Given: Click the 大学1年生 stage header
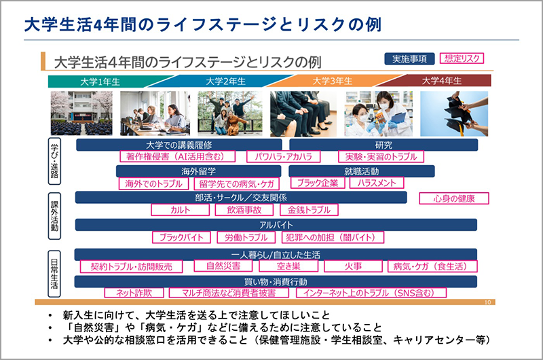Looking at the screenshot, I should point(99,81).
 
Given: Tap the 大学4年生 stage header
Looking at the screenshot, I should point(441,81).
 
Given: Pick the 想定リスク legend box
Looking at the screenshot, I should point(463,58).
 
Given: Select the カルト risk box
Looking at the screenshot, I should point(181,211).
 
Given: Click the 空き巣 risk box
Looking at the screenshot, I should point(288,266).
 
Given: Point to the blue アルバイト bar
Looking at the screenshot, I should point(276,224).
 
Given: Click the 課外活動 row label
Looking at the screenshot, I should point(56,215).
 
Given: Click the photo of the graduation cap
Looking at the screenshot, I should point(454,113).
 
